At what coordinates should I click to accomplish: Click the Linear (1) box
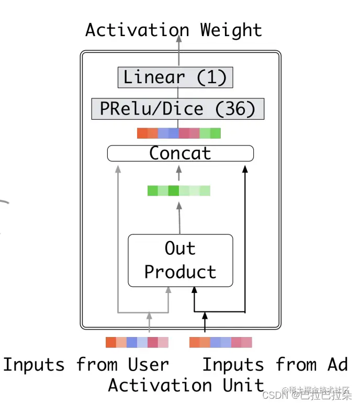click(x=175, y=77)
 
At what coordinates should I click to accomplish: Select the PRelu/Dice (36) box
click(x=177, y=109)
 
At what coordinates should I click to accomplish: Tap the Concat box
click(x=180, y=153)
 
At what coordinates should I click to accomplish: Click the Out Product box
click(x=180, y=260)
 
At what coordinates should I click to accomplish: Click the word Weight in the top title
click(x=231, y=30)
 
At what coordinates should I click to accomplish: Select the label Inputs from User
click(x=86, y=364)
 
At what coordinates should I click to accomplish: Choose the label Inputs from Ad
click(x=275, y=364)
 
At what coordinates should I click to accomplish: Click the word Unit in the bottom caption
click(x=243, y=385)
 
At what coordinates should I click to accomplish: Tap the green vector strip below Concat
click(x=178, y=190)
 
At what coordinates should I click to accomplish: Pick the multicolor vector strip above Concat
click(x=178, y=133)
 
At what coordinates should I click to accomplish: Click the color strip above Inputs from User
click(x=137, y=342)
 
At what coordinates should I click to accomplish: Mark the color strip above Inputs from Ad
click(x=220, y=342)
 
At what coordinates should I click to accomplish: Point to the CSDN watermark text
click(x=272, y=394)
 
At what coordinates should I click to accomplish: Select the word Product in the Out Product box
click(x=180, y=272)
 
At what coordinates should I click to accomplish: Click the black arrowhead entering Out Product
click(x=194, y=290)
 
